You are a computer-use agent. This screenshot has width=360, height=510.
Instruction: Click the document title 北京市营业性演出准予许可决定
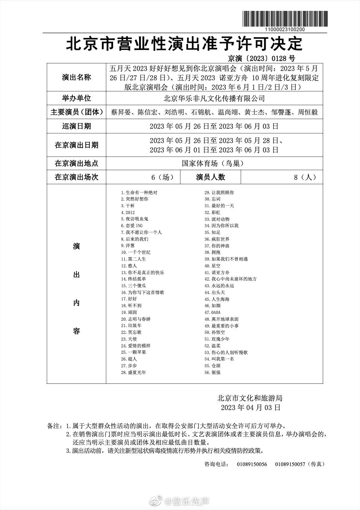tap(184, 44)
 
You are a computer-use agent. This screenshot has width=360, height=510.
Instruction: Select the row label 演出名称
tap(76, 77)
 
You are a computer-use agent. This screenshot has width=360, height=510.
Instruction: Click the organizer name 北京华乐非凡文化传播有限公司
tap(214, 98)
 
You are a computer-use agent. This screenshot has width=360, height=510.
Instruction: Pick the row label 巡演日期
tap(76, 126)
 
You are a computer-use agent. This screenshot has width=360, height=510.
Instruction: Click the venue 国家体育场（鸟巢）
tap(214, 163)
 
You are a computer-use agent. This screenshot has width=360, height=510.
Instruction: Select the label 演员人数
tap(210, 177)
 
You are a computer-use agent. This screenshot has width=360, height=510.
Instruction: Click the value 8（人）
tap(305, 177)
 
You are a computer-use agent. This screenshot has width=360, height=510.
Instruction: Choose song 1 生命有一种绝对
tap(139, 193)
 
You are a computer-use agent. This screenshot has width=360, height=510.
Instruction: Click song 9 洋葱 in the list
tap(128, 246)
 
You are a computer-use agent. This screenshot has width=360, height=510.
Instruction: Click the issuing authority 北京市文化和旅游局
tap(250, 398)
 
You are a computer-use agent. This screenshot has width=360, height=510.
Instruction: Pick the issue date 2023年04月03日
tap(250, 407)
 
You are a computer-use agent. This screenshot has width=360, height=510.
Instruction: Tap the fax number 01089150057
tap(290, 464)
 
